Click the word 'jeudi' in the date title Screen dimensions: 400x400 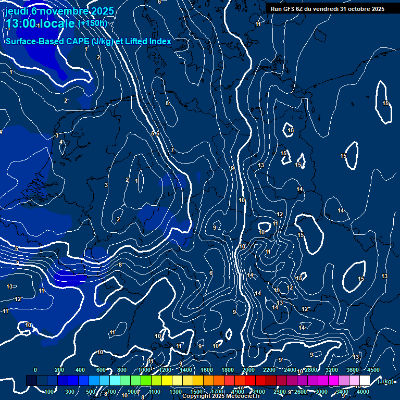click(x=17, y=11)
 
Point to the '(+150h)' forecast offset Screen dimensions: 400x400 click(x=92, y=23)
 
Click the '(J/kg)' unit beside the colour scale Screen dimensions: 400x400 click(x=385, y=381)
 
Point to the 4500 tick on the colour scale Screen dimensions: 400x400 click(x=373, y=370)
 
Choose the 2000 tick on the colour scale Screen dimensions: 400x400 click(x=248, y=370)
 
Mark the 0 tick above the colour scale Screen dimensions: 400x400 click(x=35, y=370)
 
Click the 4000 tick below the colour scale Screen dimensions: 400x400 click(x=363, y=392)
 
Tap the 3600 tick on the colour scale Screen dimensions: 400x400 click(x=353, y=370)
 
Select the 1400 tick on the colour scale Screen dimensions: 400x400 click(x=186, y=370)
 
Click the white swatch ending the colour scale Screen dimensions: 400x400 click(x=365, y=381)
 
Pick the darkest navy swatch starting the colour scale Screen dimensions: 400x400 click(x=31, y=381)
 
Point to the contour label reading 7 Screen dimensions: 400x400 click(x=172, y=150)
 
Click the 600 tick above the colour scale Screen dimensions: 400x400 click(x=102, y=370)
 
